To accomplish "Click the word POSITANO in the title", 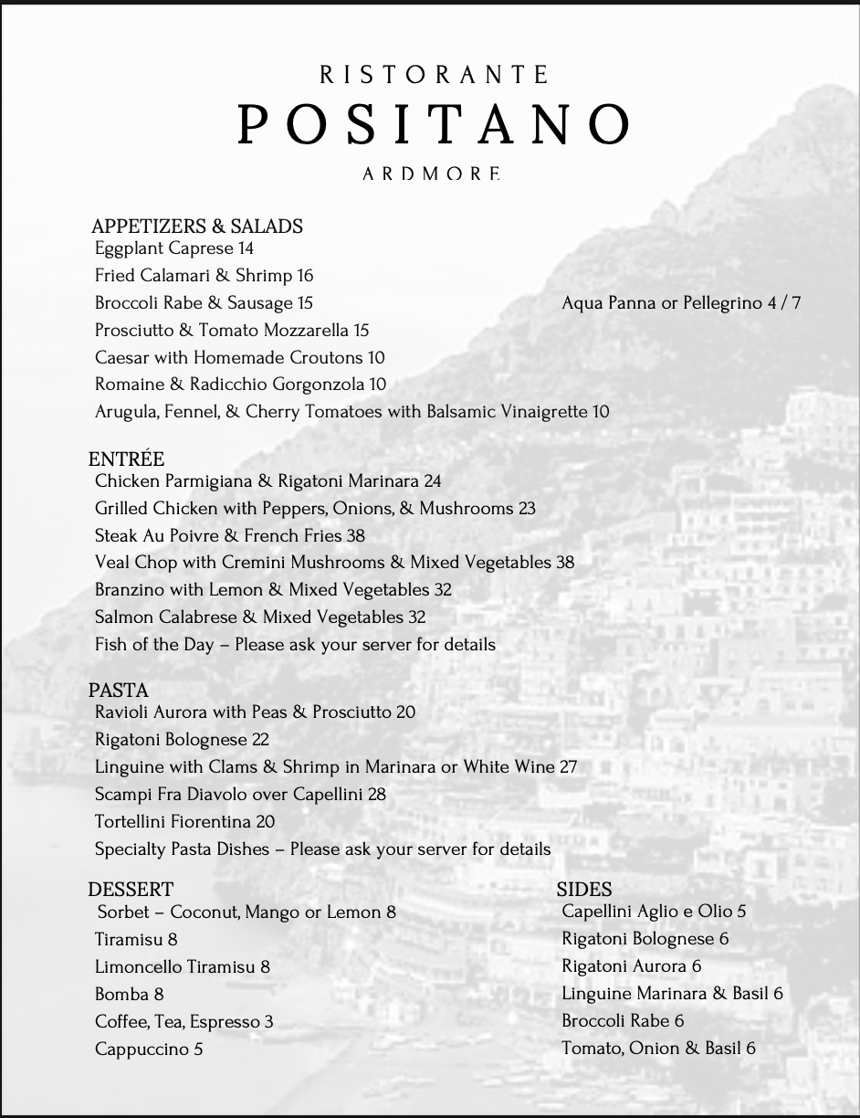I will pyautogui.click(x=435, y=124).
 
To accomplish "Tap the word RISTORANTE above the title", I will pyautogui.click(x=435, y=74).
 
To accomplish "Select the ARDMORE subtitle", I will pyautogui.click(x=431, y=173).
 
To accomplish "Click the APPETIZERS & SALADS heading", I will pyautogui.click(x=197, y=227).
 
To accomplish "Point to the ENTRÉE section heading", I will pyautogui.click(x=126, y=459).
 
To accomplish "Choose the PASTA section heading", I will pyautogui.click(x=118, y=690).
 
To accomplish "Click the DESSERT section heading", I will pyautogui.click(x=131, y=889).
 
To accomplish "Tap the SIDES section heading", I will pyautogui.click(x=584, y=889).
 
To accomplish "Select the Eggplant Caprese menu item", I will pyautogui.click(x=173, y=248).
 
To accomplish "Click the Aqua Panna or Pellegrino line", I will pyautogui.click(x=681, y=302).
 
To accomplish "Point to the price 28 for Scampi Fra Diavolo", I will pyautogui.click(x=376, y=795).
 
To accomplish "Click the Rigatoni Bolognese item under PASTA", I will pyautogui.click(x=182, y=740).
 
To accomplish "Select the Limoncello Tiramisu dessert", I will pyautogui.click(x=182, y=966).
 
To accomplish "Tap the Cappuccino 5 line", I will pyautogui.click(x=149, y=1049).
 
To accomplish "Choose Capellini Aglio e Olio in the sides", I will pyautogui.click(x=654, y=912).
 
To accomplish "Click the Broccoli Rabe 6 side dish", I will pyautogui.click(x=623, y=1020).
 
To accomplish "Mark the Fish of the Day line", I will pyautogui.click(x=295, y=645).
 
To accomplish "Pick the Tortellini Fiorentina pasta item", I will pyautogui.click(x=184, y=822).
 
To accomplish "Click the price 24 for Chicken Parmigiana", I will pyautogui.click(x=432, y=481).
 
